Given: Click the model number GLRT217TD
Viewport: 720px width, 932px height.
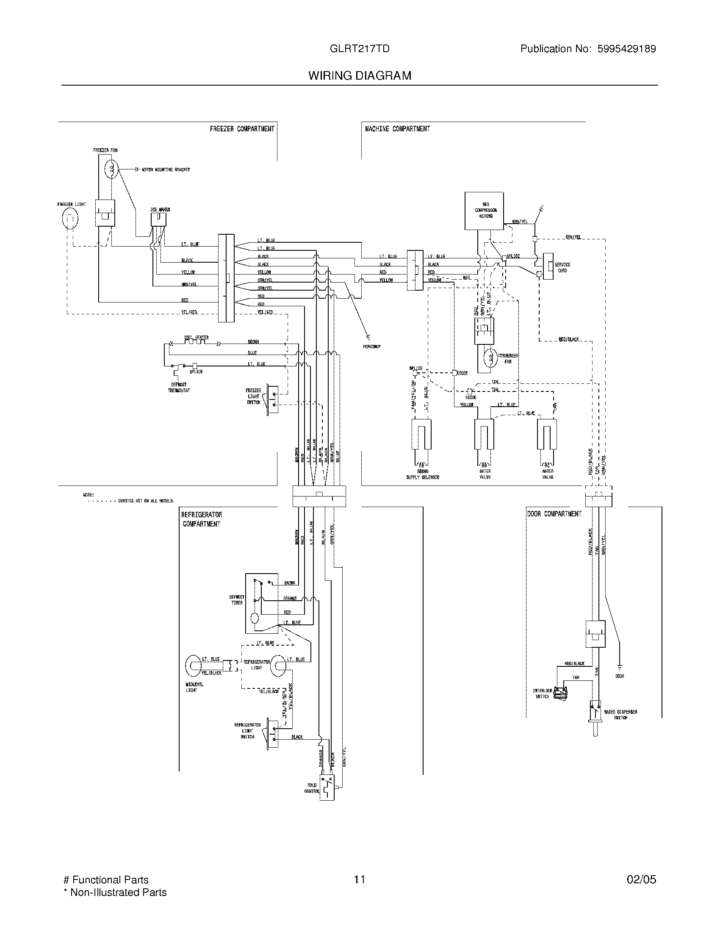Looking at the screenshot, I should click(x=359, y=49).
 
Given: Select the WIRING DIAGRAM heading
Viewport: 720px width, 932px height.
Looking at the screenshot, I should click(x=360, y=75).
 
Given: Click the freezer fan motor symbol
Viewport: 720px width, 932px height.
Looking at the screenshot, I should click(x=111, y=169).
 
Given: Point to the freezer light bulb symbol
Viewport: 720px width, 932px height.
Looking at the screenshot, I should click(x=70, y=219).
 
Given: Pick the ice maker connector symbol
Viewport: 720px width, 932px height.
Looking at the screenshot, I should click(x=158, y=219).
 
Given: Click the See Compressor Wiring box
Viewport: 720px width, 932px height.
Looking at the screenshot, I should click(x=484, y=211).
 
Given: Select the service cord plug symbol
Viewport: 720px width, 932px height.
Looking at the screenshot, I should click(x=548, y=267).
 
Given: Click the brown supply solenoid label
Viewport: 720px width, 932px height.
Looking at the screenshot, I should click(x=422, y=474).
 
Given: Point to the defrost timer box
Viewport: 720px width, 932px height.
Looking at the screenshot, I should click(x=261, y=603).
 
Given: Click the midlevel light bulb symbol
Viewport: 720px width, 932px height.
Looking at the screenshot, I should click(x=194, y=666).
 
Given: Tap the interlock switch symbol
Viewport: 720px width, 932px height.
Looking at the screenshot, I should click(x=561, y=694).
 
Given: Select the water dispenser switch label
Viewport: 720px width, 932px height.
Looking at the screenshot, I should click(x=620, y=715).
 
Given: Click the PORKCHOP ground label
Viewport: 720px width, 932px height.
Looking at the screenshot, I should click(x=371, y=347).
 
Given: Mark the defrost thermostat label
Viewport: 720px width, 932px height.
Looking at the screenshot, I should click(x=179, y=388).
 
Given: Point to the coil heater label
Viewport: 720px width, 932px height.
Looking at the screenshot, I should click(x=196, y=337).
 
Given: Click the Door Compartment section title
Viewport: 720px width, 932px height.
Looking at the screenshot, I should click(x=554, y=514).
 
